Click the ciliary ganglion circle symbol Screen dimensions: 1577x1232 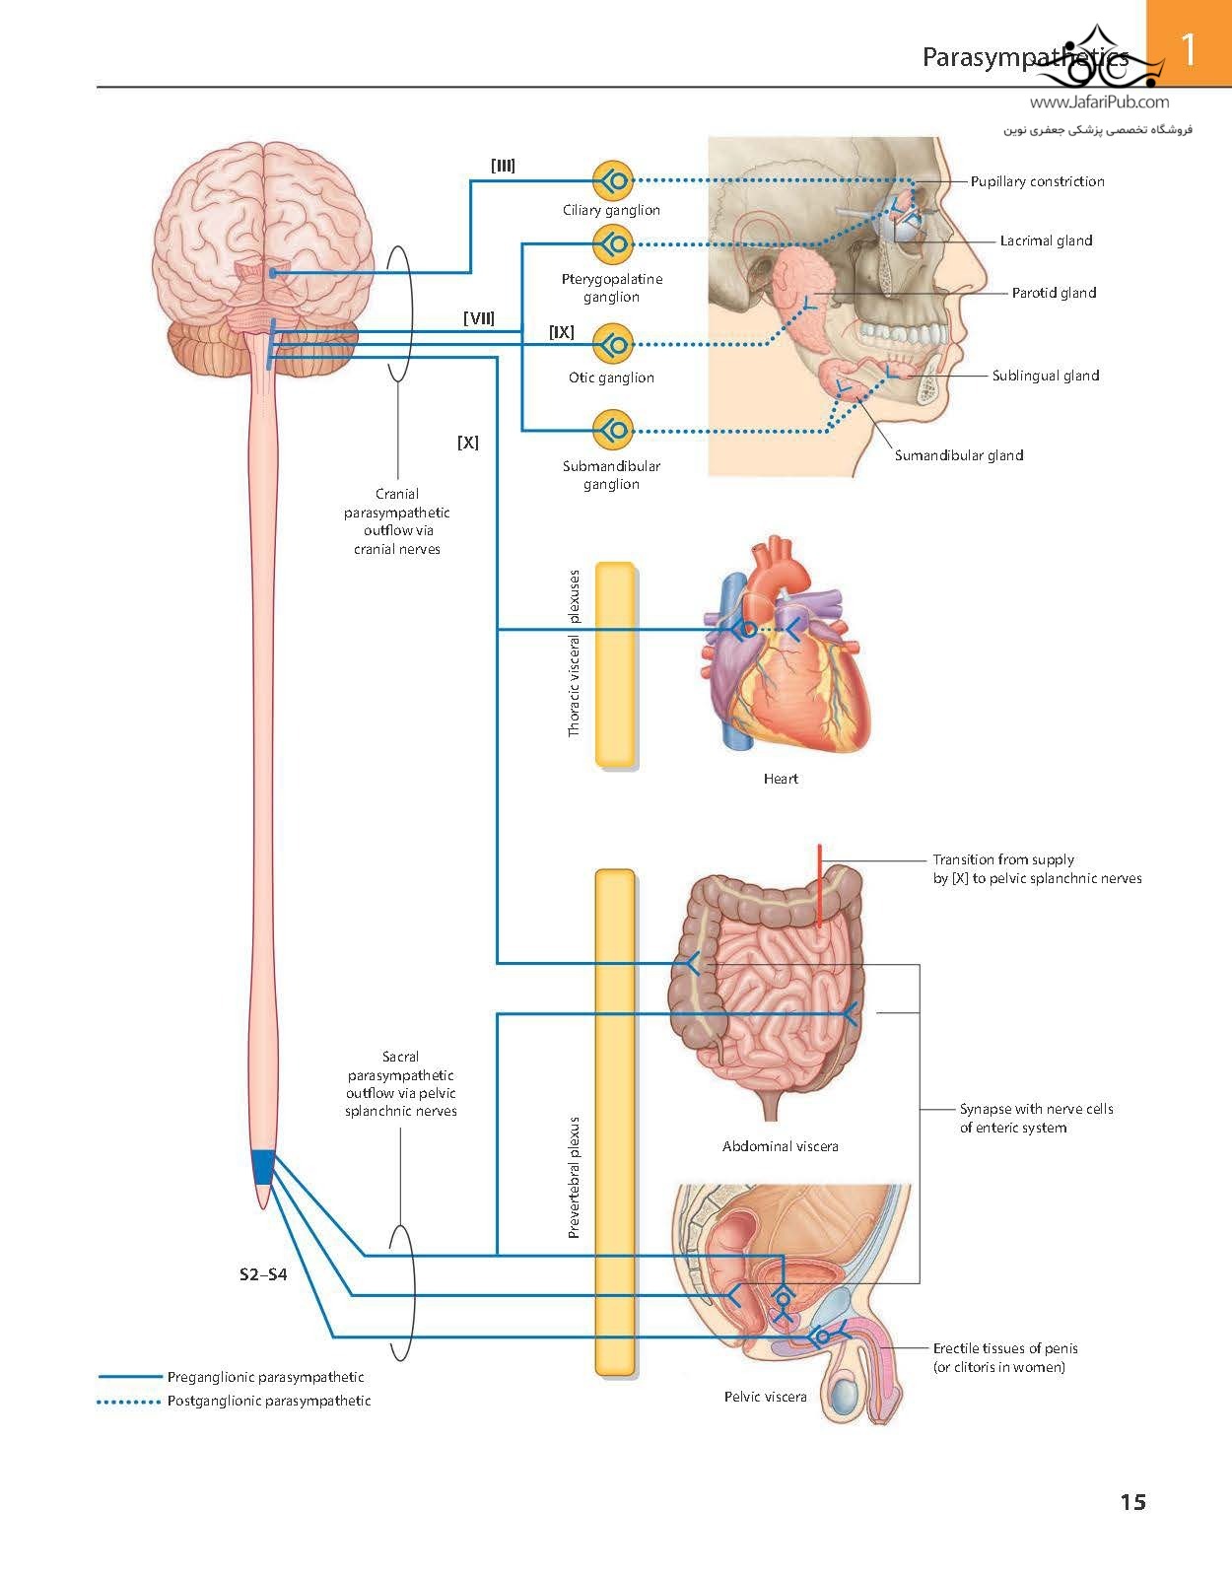click(612, 181)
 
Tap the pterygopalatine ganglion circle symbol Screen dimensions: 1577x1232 click(612, 243)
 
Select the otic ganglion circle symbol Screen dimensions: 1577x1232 click(612, 344)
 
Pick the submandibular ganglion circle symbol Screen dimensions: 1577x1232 click(612, 430)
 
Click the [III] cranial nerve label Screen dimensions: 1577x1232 click(503, 166)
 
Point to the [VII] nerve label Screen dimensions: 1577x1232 click(479, 318)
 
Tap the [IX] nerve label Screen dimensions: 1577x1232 click(561, 332)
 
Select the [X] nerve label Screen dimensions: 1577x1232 click(468, 443)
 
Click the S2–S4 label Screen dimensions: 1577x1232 click(263, 1274)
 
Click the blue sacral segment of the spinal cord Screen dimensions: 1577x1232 click(262, 1167)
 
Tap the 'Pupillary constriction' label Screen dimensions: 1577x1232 click(1037, 181)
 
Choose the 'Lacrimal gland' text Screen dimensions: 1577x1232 click(1046, 240)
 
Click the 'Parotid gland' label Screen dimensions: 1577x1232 click(1054, 293)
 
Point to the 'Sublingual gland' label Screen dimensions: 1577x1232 click(1045, 376)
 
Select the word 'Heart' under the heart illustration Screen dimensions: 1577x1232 click(781, 779)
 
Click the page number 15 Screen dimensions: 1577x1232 click(1132, 1502)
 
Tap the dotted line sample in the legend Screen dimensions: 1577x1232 click(128, 1402)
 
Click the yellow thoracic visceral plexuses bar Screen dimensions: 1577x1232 click(615, 664)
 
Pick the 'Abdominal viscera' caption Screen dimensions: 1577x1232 click(780, 1146)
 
